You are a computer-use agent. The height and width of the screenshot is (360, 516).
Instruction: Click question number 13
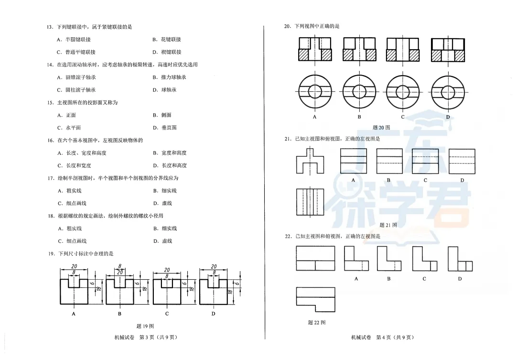(49, 27)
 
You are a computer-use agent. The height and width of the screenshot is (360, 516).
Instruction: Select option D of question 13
(167, 52)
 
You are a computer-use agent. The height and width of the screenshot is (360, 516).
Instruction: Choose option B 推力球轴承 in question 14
(170, 77)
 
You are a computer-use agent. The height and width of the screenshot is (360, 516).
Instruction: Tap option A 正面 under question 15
(66, 115)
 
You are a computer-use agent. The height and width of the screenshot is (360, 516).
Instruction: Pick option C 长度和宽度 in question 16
(74, 165)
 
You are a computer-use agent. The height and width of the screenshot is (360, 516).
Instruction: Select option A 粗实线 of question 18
(70, 229)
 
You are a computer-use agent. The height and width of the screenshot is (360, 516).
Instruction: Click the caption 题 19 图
(145, 326)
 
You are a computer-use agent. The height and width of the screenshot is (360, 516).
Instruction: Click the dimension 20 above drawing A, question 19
(74, 266)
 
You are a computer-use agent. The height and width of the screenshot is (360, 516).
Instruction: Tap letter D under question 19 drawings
(213, 314)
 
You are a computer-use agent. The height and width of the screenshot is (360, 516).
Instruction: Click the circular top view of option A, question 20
(314, 91)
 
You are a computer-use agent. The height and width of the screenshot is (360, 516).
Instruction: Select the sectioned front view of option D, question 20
(448, 49)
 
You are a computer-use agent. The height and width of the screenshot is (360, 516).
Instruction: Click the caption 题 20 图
(381, 127)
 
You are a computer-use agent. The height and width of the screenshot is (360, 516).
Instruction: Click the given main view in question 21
(310, 161)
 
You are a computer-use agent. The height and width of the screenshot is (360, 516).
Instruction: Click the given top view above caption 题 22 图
(315, 299)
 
